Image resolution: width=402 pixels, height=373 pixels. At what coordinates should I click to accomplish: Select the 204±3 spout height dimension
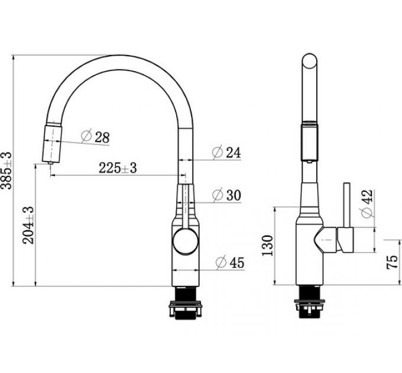click(x=28, y=225)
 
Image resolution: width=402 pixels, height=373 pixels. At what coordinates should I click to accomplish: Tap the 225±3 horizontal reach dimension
click(x=117, y=168)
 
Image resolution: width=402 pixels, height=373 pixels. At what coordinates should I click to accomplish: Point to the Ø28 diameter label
click(x=95, y=137)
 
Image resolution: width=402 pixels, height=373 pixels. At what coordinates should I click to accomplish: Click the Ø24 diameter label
click(x=226, y=153)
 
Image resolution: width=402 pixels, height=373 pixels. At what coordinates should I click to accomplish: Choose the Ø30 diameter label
click(x=226, y=194)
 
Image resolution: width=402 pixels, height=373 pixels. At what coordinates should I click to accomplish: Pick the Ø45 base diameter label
click(x=230, y=262)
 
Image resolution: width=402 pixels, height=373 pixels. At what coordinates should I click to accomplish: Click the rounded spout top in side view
click(x=310, y=63)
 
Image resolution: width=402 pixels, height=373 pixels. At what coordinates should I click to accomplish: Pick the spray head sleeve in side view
click(x=310, y=142)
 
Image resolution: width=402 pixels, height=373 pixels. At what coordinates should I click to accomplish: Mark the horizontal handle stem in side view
click(x=335, y=240)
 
